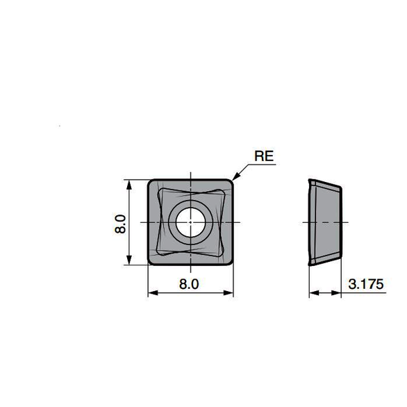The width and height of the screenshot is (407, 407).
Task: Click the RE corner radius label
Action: (264, 156)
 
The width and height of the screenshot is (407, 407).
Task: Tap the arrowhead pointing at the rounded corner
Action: (235, 177)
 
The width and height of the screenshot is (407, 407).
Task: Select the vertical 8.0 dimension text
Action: (120, 224)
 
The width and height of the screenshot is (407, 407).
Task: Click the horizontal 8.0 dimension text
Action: (189, 284)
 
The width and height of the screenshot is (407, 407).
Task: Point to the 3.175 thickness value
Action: (365, 284)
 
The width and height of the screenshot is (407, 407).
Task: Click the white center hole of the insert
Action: (190, 222)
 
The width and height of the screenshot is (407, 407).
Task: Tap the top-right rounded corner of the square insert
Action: (230, 183)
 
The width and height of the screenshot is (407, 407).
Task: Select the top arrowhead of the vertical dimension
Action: (129, 184)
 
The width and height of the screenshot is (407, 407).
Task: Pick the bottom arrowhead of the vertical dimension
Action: (129, 260)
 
